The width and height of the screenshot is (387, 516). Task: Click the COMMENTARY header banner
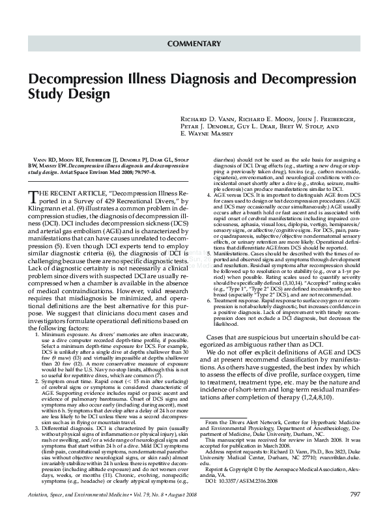point(193,44)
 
